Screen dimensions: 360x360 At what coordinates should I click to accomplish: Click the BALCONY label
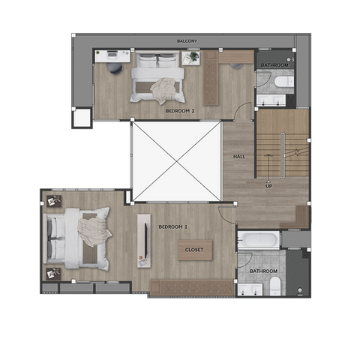point(187,41)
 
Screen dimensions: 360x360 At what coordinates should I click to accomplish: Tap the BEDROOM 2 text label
point(180,111)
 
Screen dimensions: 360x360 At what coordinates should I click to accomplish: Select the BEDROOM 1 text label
point(173,227)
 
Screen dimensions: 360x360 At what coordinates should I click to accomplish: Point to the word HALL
point(239,157)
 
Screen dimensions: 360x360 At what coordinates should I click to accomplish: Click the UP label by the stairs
point(268,186)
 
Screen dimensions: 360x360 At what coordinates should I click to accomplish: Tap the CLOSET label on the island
point(194,250)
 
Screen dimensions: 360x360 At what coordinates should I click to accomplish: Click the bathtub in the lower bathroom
point(259,240)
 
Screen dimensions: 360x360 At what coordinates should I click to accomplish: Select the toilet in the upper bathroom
point(284,82)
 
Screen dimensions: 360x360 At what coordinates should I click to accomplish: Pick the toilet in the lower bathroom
point(275,286)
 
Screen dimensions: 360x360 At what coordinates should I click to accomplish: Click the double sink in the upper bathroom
point(271,100)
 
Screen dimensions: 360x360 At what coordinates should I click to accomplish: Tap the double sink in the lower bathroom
point(249,289)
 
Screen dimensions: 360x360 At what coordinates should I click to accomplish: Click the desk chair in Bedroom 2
point(115,68)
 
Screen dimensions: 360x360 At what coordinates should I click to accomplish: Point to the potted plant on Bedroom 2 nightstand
point(193,56)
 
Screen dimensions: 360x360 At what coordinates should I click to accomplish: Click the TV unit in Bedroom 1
point(144,241)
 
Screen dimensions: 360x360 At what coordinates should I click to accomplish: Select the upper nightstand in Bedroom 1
point(54,201)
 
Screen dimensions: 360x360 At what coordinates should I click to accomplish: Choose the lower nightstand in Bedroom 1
point(54,274)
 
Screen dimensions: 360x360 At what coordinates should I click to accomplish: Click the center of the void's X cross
point(177,162)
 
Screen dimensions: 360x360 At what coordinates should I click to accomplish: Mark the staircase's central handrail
point(283,156)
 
